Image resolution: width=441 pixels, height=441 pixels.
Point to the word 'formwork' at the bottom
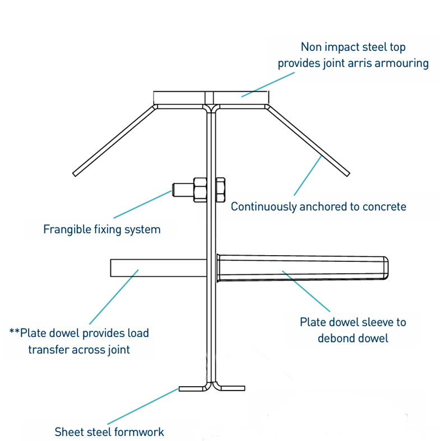pos(138,432)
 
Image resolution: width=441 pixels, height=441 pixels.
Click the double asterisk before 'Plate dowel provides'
pos(14,333)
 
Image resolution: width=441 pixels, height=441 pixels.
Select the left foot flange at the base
pos(193,388)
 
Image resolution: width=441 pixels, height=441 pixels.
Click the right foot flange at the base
pos(231,387)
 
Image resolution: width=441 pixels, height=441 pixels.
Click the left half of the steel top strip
pos(179,97)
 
